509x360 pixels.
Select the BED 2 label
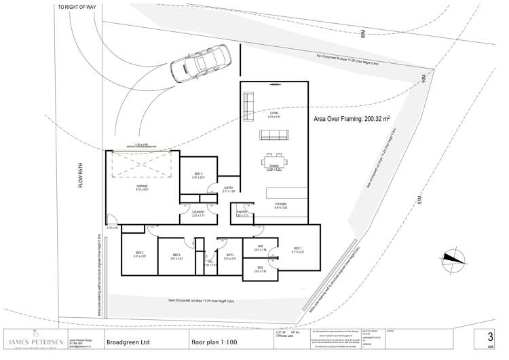(x=198, y=175)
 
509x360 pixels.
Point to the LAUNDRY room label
(x=197, y=213)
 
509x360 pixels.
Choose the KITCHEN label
(x=280, y=203)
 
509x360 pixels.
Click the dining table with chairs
(x=274, y=162)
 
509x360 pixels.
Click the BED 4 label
(x=176, y=255)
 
